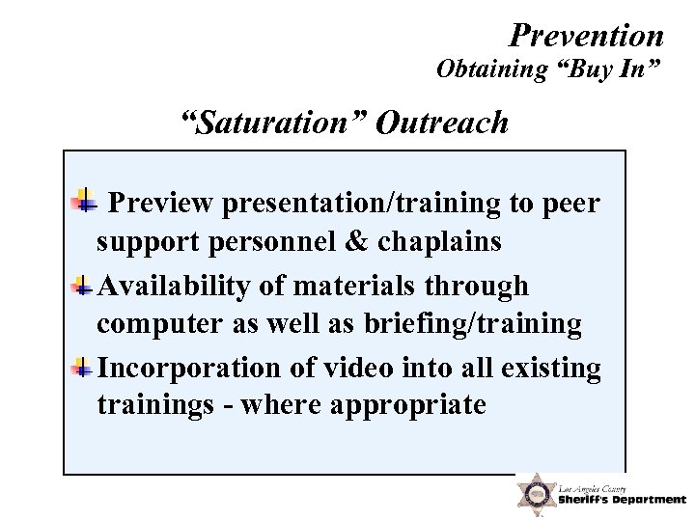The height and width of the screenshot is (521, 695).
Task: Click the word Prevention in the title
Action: tap(586, 36)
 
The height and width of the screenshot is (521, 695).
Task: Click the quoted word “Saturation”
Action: tap(273, 123)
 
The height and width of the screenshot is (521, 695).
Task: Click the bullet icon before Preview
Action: tap(85, 202)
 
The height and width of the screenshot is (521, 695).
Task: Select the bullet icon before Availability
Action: tap(85, 286)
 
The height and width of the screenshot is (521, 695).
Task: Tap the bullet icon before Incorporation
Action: tap(85, 369)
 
